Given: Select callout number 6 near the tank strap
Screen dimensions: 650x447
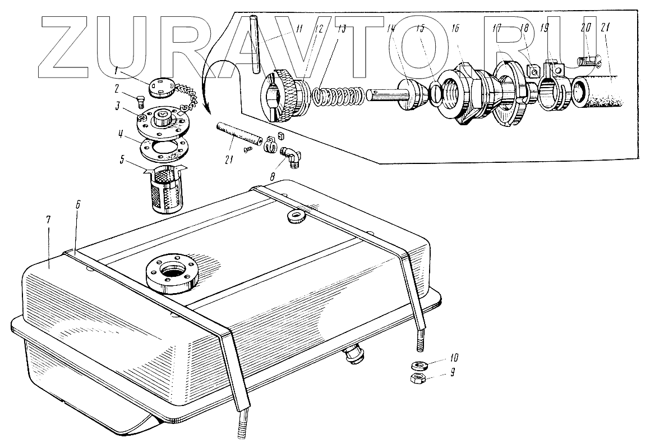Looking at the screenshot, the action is coord(78,205).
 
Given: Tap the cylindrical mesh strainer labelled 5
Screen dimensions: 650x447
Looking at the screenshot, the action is coord(162,190).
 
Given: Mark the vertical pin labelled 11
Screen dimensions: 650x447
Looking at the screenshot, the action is coord(256,45).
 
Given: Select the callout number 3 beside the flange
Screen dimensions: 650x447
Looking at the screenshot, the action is coord(118,106).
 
